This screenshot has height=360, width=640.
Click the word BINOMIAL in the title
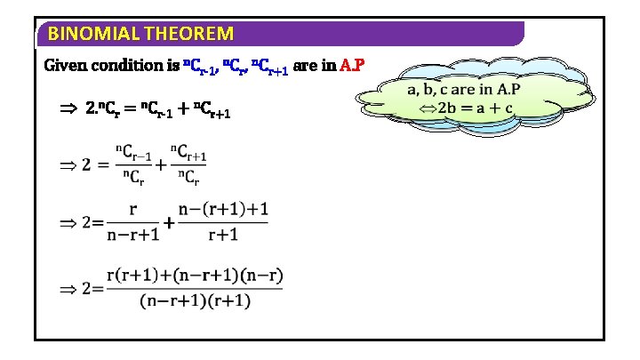(87, 35)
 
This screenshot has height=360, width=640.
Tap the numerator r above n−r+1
(132, 211)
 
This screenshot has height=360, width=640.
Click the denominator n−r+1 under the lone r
(132, 235)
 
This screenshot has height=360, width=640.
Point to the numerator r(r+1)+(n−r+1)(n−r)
(194, 276)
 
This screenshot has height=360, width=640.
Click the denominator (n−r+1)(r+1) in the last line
(194, 300)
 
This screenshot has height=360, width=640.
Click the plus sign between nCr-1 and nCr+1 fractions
(161, 164)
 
